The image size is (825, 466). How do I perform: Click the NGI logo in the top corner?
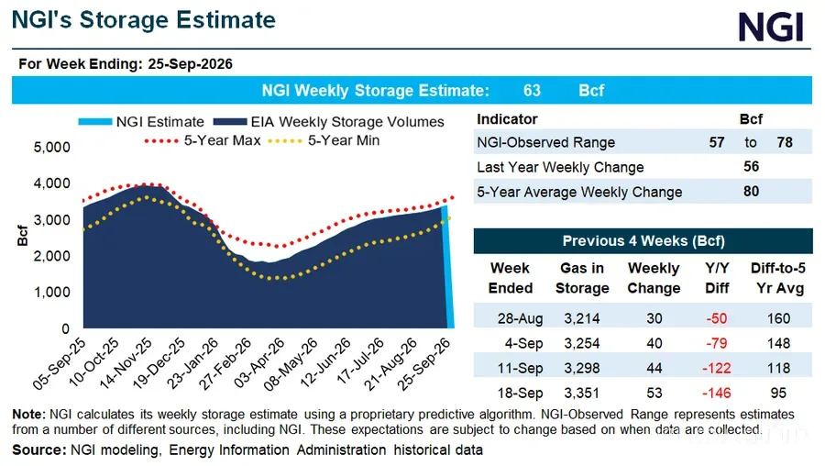771,27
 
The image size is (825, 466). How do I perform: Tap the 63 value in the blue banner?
532,90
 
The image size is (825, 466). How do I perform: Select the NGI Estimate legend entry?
141,122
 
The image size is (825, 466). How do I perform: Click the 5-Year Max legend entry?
203,140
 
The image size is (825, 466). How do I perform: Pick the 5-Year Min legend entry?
324,140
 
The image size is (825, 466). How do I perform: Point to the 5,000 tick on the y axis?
51,147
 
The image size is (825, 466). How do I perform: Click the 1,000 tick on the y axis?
51,293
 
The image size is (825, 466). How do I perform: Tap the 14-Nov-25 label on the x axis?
126,363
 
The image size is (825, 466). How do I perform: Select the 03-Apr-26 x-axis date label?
259,363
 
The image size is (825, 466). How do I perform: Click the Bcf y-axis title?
22,236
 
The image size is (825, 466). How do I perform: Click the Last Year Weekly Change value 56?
752,166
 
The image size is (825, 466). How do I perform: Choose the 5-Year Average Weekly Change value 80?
752,191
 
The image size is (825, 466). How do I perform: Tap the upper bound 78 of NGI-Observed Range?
785,142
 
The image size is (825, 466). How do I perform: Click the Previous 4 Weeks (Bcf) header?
643,241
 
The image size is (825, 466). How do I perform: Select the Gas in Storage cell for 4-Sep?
582,343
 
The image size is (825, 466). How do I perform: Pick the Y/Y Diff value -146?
717,393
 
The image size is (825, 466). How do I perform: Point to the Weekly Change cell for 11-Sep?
654,368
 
